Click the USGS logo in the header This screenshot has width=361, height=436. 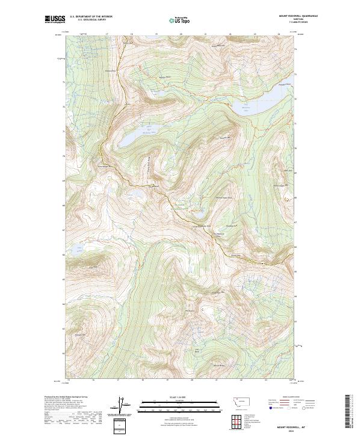(x=55, y=20)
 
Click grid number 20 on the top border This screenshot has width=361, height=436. (x=181, y=34)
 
